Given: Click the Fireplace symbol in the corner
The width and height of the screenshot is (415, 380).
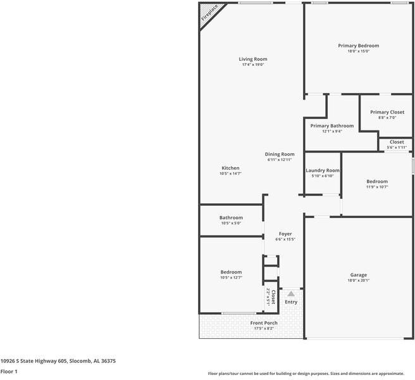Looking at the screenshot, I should point(209,13).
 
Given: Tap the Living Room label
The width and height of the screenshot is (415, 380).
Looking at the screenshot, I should point(252,59).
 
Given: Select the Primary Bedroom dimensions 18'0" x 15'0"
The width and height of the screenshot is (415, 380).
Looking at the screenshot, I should point(358,51).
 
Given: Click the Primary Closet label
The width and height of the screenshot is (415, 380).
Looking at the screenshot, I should point(387,112).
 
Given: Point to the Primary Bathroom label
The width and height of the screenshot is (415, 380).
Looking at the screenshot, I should point(332,125).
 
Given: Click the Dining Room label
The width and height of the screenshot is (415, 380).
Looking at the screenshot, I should point(280,154).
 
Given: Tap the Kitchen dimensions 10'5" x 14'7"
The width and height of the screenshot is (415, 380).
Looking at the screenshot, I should point(230,173).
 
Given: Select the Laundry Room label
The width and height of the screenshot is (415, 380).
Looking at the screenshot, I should point(323,170).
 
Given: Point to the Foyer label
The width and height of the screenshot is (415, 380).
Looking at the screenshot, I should point(285,234).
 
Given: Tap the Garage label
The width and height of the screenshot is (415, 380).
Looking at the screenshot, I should point(359,275).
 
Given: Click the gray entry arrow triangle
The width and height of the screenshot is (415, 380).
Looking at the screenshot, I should point(291,294).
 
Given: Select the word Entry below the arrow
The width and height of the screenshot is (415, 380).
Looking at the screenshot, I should point(291,302).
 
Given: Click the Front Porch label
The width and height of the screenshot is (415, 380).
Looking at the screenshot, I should point(264,323).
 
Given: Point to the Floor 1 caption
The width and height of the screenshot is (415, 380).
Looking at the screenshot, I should point(9,372).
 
